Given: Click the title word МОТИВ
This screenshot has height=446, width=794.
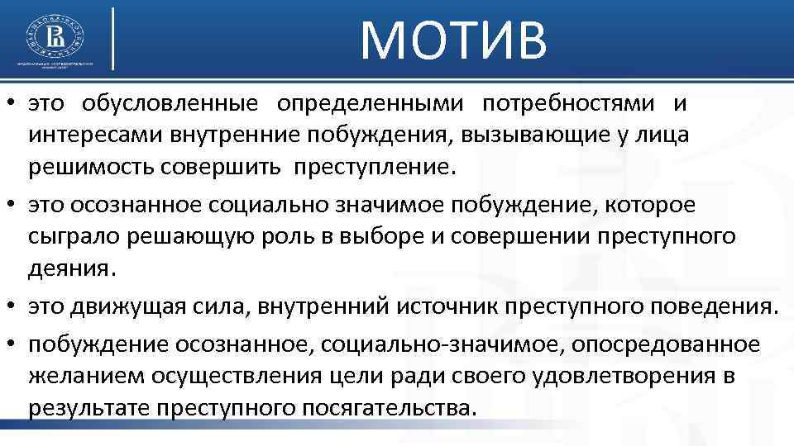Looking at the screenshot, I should (454, 40).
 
